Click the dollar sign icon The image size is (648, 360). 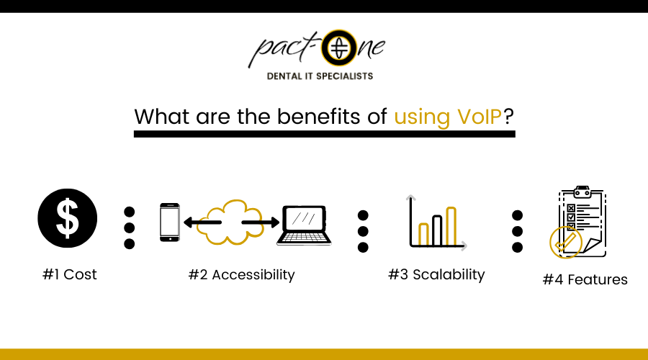point(68,218)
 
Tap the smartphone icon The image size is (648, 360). point(170,222)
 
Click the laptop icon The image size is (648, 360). point(304,225)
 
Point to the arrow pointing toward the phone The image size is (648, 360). point(202,222)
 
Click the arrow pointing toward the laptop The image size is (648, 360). point(261,222)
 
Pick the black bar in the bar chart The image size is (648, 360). point(437,230)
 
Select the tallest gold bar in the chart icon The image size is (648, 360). point(451,227)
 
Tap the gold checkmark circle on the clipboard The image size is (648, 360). point(566,243)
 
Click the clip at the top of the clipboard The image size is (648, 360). point(582,192)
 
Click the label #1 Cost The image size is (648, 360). point(69,274)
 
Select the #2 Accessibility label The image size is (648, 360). point(242,275)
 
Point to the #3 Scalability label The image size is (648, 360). point(436,274)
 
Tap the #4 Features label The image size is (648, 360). point(585,280)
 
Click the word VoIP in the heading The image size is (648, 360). point(480,117)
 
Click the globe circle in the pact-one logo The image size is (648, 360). point(339,48)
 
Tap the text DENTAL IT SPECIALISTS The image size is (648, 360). point(320,76)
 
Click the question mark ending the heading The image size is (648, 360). point(508,117)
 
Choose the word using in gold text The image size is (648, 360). point(422,118)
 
